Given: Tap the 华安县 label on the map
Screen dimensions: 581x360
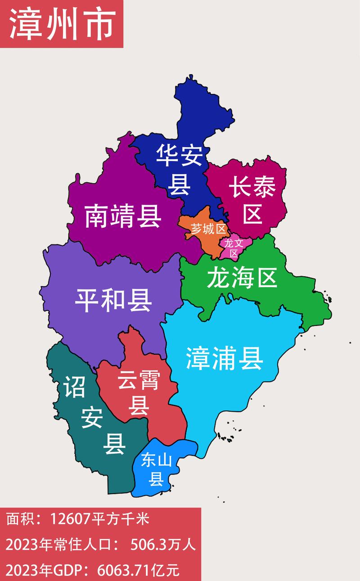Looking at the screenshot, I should (x=179, y=170).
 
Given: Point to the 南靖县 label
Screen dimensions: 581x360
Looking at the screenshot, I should (x=123, y=216).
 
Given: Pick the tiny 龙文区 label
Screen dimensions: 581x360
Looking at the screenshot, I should (x=234, y=248).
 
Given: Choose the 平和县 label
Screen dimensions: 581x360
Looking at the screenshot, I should (x=113, y=300).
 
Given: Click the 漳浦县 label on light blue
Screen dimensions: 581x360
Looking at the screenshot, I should (x=225, y=359).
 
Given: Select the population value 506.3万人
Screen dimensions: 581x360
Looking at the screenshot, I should (x=163, y=546).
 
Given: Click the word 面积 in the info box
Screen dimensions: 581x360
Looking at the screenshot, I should (x=17, y=520).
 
